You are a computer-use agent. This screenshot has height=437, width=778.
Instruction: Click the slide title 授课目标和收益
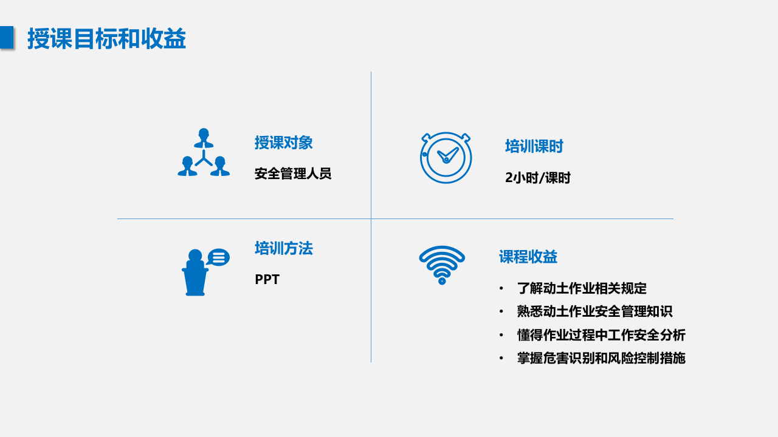point(106,39)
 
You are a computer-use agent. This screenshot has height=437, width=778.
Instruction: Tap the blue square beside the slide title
point(7,38)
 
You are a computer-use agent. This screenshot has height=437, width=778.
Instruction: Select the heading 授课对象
point(283,143)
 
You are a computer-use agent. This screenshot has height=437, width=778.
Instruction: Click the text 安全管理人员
point(293,174)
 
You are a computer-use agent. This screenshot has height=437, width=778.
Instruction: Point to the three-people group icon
point(204,152)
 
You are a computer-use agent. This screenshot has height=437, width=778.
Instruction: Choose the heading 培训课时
point(534,146)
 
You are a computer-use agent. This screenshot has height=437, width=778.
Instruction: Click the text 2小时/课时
point(538,178)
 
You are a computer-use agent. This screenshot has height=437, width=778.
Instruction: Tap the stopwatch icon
point(446,157)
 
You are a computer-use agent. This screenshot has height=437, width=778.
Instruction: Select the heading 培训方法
point(283,248)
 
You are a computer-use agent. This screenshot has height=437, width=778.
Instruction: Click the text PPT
point(267,279)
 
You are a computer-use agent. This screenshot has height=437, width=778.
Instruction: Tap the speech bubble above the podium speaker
point(218,257)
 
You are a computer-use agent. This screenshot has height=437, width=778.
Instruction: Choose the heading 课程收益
point(528,257)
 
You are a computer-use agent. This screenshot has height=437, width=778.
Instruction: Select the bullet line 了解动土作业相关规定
point(582,288)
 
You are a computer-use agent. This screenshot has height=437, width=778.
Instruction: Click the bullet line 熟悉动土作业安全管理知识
point(594,311)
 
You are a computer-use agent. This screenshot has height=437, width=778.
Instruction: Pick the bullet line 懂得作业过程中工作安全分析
point(601,335)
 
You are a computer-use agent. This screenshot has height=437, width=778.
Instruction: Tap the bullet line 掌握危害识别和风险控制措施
point(601,358)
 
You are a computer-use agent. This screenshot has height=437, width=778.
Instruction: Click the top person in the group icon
point(204,137)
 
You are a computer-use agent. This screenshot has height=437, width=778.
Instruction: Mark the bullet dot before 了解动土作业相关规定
point(501,288)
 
